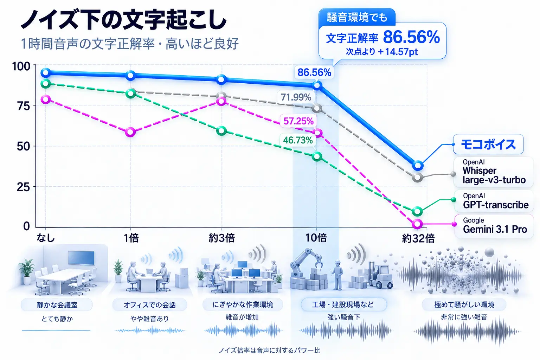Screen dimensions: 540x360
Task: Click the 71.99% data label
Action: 296,97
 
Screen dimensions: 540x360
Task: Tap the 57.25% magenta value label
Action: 298,121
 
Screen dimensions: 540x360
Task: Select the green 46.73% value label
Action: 298,140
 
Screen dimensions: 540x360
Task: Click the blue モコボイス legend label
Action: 488,144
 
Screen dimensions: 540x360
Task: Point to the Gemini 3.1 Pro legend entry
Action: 494,226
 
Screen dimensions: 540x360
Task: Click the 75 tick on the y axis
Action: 24,106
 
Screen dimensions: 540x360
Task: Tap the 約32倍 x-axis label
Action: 418,239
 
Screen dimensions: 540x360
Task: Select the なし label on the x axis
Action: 46,238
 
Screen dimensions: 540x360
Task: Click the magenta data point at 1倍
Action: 130,132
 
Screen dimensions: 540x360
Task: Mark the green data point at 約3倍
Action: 221,131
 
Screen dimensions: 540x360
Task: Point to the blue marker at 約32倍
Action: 418,166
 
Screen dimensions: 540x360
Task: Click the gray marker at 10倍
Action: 317,109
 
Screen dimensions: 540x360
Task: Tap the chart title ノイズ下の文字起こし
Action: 124,20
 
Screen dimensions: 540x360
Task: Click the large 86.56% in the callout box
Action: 411,37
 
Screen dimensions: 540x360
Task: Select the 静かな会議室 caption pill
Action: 57,305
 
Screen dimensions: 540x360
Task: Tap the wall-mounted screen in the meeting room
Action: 81,258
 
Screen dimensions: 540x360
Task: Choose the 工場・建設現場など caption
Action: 343,304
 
